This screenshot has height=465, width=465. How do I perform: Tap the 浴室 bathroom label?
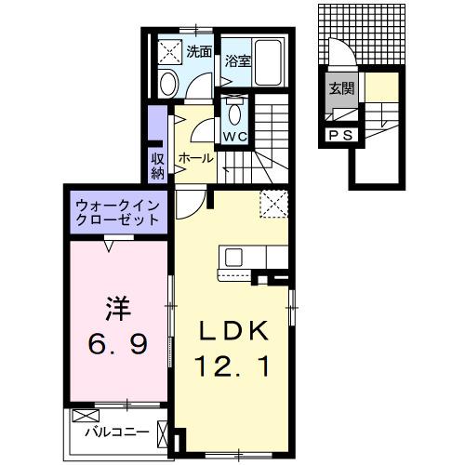237,62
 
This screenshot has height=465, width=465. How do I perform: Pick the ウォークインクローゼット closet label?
116,212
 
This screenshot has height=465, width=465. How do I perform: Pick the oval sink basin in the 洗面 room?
168,83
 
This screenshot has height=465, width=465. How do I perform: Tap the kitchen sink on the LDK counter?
232,256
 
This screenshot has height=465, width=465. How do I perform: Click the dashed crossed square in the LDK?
272,202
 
